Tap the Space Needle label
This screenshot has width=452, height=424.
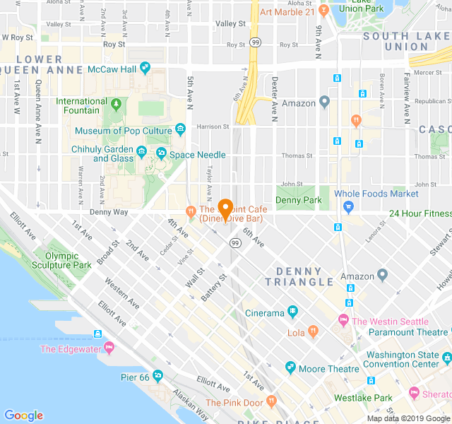[x=197, y=155]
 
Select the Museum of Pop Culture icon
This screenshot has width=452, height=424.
[x=181, y=129]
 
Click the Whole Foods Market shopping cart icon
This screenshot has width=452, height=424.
[x=347, y=206]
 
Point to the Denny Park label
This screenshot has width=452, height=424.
[x=298, y=201]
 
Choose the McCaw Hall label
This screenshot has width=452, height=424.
[x=111, y=69]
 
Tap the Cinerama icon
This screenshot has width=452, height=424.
[x=292, y=312]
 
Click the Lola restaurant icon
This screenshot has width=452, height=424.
[x=314, y=331]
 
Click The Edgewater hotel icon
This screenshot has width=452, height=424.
[x=109, y=348]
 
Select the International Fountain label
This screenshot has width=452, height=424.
[x=82, y=106]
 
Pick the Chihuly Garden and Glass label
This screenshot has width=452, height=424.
[x=102, y=153]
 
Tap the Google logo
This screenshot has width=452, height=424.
[x=24, y=416]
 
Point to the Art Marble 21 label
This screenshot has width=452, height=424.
[x=287, y=12]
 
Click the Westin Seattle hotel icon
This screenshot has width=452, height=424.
[x=344, y=321]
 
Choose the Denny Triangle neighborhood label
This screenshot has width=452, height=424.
[x=299, y=276]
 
